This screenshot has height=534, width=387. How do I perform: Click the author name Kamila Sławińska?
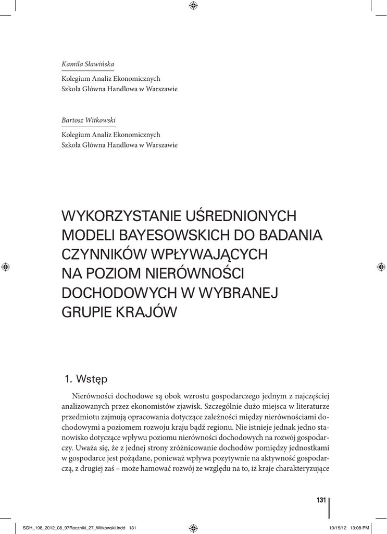[x=88, y=64]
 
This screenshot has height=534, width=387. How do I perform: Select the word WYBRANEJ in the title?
[x=244, y=293]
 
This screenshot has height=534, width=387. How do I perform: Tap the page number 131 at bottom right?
[x=321, y=501]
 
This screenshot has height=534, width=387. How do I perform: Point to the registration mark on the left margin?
[x=5, y=266]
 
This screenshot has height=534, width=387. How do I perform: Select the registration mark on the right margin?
[x=381, y=266]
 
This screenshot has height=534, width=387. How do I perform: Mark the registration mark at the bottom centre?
[x=193, y=527]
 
